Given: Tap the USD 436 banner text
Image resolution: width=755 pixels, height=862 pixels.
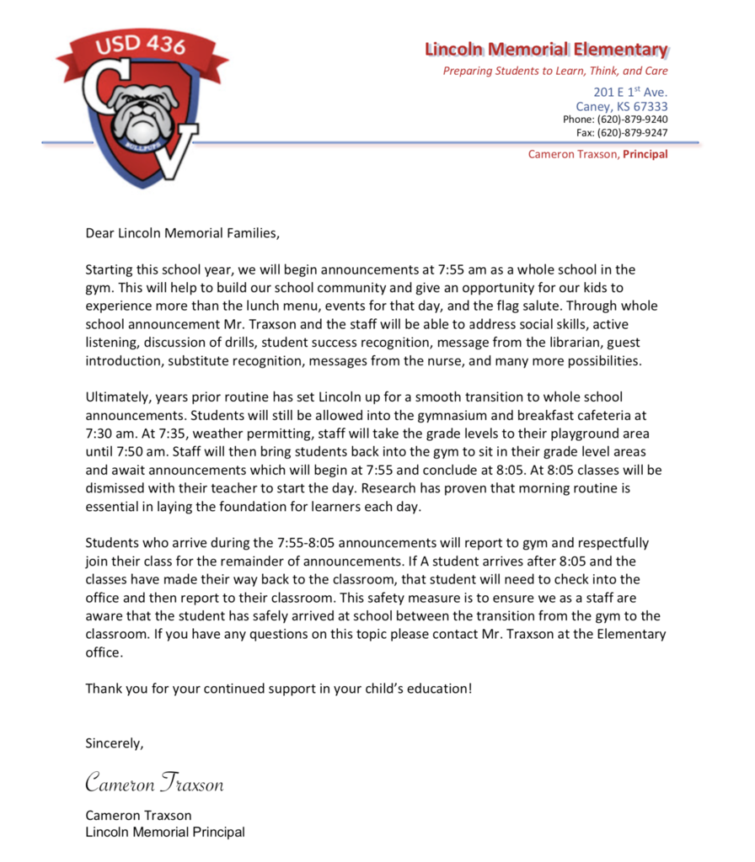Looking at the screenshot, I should [141, 45].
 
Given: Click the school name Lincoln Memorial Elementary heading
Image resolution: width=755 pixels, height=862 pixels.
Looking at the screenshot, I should [546, 49].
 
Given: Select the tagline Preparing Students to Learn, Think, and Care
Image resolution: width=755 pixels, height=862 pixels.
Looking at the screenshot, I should [555, 72].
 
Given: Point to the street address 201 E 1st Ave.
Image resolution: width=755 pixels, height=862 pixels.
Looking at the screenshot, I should [630, 92].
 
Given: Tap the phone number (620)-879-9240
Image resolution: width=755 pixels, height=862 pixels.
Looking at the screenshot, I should [633, 120].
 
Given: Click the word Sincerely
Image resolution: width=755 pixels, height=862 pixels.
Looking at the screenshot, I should [115, 742].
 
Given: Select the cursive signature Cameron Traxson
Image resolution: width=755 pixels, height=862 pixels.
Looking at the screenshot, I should [154, 783].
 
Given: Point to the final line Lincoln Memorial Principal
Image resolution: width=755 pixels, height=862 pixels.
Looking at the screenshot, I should [165, 832].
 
